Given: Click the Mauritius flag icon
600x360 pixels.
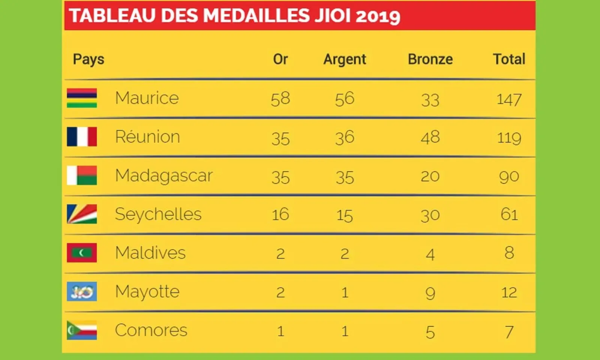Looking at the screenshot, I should click(82, 98).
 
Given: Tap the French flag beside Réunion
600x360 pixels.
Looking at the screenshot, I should click(82, 136).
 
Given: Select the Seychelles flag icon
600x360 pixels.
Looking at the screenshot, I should click(82, 214).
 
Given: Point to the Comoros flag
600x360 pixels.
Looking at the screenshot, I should click(82, 330).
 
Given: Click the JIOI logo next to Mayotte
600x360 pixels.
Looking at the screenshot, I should click(82, 291).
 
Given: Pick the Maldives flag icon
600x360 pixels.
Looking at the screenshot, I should click(82, 253).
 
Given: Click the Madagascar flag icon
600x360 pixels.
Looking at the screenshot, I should click(82, 175).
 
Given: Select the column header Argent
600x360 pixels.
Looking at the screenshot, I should click(345, 59).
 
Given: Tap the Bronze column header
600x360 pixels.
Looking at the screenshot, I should click(430, 59).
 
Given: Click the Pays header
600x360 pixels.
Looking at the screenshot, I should click(88, 59).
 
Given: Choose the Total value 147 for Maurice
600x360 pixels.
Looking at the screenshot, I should click(509, 99).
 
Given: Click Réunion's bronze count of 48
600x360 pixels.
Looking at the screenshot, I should click(430, 137).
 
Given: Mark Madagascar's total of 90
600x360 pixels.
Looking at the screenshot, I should click(509, 177).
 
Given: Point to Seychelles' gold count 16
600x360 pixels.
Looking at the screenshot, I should click(280, 214).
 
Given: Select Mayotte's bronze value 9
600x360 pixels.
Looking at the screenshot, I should click(430, 293).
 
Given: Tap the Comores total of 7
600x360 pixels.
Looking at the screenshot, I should click(509, 331).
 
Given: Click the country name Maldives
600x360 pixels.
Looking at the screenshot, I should click(150, 253).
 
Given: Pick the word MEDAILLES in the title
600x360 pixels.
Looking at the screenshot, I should click(256, 16).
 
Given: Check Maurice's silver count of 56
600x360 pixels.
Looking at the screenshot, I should click(345, 99).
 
